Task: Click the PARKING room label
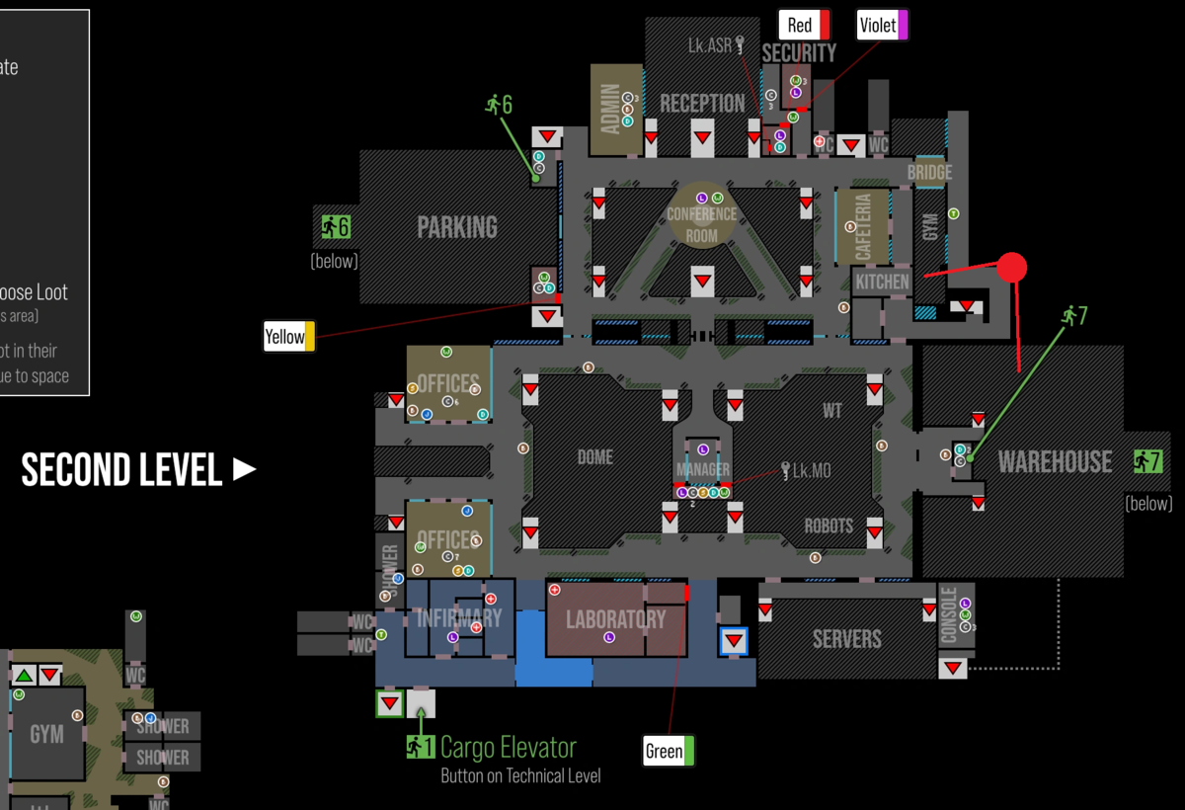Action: (x=457, y=227)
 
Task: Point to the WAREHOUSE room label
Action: (x=1055, y=461)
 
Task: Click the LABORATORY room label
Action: (x=615, y=619)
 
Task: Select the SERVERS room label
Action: (x=846, y=638)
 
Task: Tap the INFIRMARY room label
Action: (x=459, y=618)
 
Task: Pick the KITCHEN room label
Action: (x=882, y=282)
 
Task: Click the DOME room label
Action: (x=595, y=457)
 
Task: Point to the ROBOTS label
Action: (x=829, y=526)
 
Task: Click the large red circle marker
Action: (x=1011, y=267)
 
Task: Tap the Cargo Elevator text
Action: (x=508, y=747)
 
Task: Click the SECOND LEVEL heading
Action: (x=121, y=470)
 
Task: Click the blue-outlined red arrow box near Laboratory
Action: (x=733, y=641)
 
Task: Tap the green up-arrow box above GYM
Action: (x=24, y=677)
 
